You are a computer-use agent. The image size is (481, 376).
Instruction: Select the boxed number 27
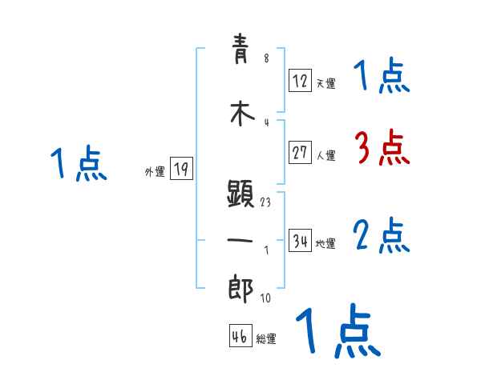300,153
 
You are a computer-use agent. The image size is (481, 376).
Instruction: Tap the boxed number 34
300,241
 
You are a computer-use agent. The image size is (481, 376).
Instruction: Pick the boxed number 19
181,169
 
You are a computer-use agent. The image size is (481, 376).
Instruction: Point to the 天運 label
325,83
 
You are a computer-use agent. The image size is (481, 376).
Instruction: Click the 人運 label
325,156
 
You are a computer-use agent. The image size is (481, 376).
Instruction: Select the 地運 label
325,244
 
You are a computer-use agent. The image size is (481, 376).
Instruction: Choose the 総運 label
266,339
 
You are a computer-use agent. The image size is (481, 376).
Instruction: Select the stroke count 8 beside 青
265,58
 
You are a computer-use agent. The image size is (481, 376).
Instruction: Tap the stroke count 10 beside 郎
265,298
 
